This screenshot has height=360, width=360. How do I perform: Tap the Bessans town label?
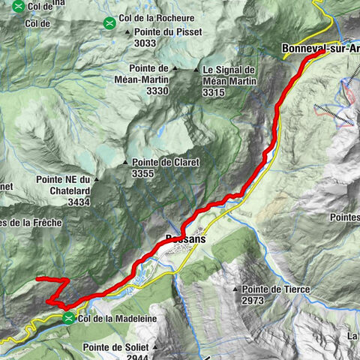pos(182,241)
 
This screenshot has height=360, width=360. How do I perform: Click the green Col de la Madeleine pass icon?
pos(69,318)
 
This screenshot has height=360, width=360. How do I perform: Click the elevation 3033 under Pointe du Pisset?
pos(145,43)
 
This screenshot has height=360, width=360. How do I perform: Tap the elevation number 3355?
pos(142,173)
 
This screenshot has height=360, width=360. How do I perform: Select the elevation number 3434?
pos(78,202)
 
